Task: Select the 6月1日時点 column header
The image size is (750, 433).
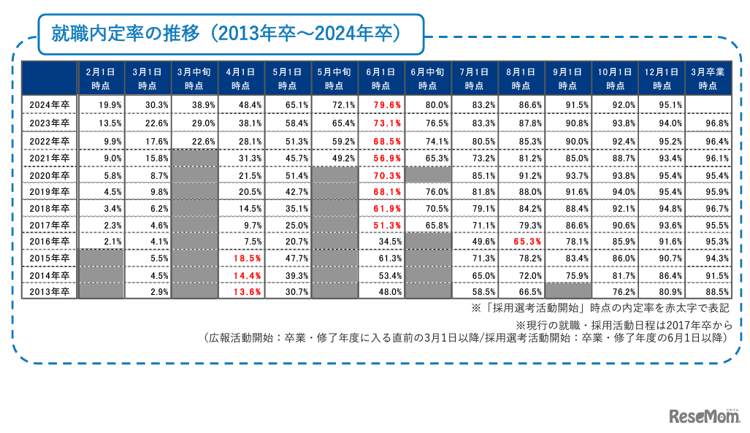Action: tap(380, 79)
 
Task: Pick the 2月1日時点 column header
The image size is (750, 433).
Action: tap(101, 79)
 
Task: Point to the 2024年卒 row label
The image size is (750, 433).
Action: tap(50, 105)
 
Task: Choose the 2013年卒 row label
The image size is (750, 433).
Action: tap(50, 291)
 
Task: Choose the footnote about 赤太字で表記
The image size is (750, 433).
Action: tap(591, 308)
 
